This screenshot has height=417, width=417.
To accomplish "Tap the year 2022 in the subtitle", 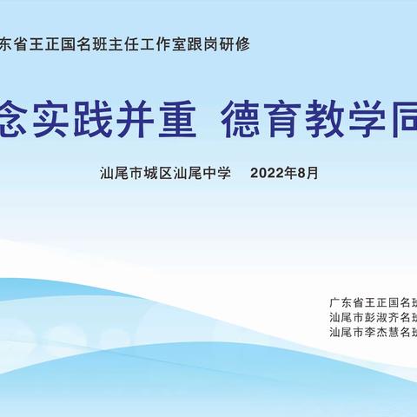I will (x=267, y=173).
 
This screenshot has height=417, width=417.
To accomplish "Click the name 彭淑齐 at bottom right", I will (x=381, y=317).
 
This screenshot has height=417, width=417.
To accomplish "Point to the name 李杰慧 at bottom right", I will (x=381, y=332).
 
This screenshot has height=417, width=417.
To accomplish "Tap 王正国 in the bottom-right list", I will (x=381, y=303).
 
